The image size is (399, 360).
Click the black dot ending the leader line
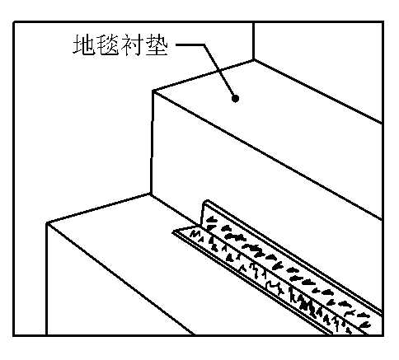[235, 98]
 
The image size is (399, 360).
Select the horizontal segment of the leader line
[190, 44]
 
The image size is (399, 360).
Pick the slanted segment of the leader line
[219, 71]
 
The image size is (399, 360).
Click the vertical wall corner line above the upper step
[253, 41]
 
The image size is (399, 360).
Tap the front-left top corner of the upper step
[153, 91]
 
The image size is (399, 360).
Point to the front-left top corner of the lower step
[47, 223]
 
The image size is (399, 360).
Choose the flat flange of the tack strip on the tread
[264, 278]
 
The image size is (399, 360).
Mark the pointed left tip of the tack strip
[174, 232]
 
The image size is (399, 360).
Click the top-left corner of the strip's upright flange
[204, 202]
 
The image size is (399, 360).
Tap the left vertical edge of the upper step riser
[152, 143]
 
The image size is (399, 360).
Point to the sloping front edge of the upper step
[267, 155]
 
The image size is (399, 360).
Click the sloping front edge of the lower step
[121, 279]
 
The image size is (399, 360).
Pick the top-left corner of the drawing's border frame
[14, 22]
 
